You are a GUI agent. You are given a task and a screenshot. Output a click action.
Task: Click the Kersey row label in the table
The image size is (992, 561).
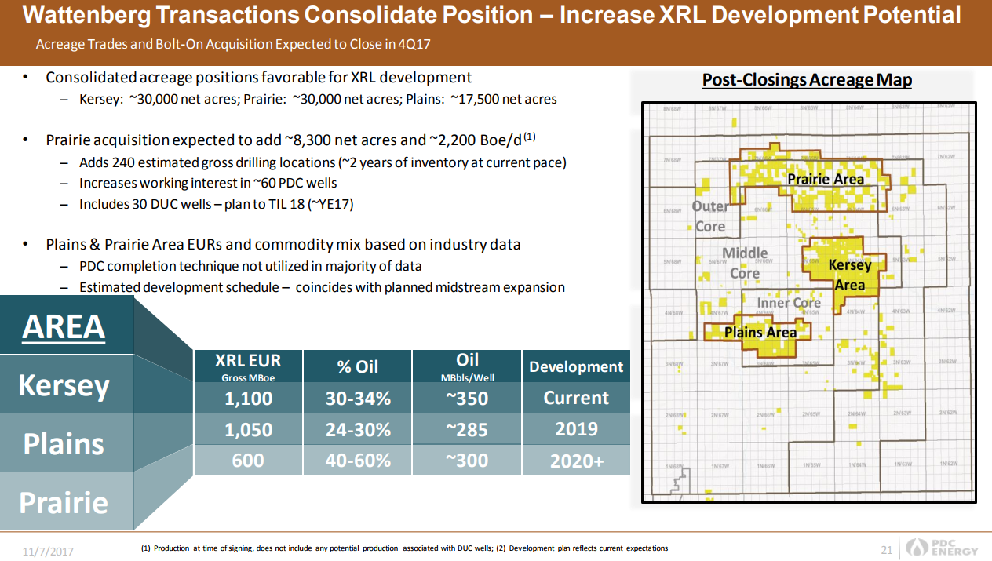click(64, 385)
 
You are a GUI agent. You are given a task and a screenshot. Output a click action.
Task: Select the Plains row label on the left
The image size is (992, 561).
click(64, 443)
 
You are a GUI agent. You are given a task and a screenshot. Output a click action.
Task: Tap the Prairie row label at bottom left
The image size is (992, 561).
click(64, 501)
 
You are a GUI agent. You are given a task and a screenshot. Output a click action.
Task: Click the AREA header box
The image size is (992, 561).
click(64, 326)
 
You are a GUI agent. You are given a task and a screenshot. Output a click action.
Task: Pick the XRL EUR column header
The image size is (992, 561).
click(248, 366)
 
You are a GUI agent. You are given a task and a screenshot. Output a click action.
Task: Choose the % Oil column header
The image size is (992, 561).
click(358, 366)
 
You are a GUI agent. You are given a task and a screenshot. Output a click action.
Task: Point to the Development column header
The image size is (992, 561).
click(576, 366)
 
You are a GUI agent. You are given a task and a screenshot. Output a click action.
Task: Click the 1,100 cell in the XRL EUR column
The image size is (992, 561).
click(248, 398)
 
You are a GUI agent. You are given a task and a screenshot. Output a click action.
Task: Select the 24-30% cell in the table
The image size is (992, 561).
click(358, 429)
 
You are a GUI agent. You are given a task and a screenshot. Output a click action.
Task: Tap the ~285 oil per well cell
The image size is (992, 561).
click(467, 429)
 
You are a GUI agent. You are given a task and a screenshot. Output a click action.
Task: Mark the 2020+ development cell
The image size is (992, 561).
click(576, 461)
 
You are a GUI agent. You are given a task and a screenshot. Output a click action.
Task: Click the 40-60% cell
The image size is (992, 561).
click(358, 461)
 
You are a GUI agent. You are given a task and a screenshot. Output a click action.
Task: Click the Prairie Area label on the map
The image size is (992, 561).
click(826, 179)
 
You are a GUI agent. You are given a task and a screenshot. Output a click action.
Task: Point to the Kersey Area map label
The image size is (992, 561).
click(850, 275)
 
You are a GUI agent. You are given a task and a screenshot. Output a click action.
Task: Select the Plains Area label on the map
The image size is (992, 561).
click(760, 332)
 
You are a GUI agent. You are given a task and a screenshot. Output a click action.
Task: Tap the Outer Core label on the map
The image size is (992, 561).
click(710, 217)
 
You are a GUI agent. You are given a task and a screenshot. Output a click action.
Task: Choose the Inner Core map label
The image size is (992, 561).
click(789, 303)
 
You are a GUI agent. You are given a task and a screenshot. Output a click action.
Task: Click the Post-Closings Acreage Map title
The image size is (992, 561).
click(807, 80)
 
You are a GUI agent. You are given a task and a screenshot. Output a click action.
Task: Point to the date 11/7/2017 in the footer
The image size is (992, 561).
click(48, 551)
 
